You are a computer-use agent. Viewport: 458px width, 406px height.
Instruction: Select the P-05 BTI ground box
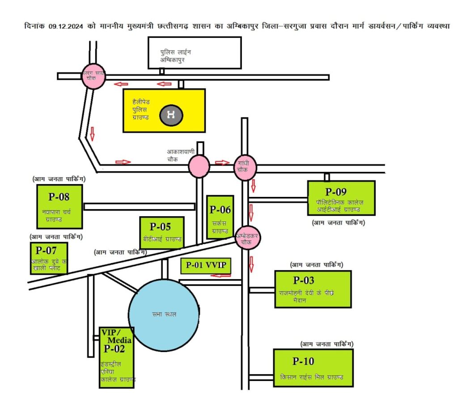(161, 232)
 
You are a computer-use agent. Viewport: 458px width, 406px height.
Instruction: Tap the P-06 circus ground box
(220, 217)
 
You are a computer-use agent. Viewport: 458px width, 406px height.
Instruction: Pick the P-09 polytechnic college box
(341, 198)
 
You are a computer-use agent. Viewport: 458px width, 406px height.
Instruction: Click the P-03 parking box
(313, 289)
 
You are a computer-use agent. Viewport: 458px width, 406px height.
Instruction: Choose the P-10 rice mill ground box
(313, 368)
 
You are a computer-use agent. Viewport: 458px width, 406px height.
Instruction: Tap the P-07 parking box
(49, 258)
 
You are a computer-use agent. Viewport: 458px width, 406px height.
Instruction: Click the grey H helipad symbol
(170, 115)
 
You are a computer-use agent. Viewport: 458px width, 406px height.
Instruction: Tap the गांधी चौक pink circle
(245, 167)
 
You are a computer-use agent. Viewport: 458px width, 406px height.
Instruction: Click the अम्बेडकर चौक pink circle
(248, 239)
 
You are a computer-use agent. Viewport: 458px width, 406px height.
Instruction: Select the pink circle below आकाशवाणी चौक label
(199, 166)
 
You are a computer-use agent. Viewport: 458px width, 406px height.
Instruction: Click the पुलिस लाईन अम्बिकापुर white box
(195, 52)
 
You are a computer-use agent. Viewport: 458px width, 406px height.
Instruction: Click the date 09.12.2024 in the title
(66, 27)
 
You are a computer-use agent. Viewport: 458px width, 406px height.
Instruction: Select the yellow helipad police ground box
(164, 110)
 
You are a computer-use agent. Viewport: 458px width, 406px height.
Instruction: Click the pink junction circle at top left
(93, 77)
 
